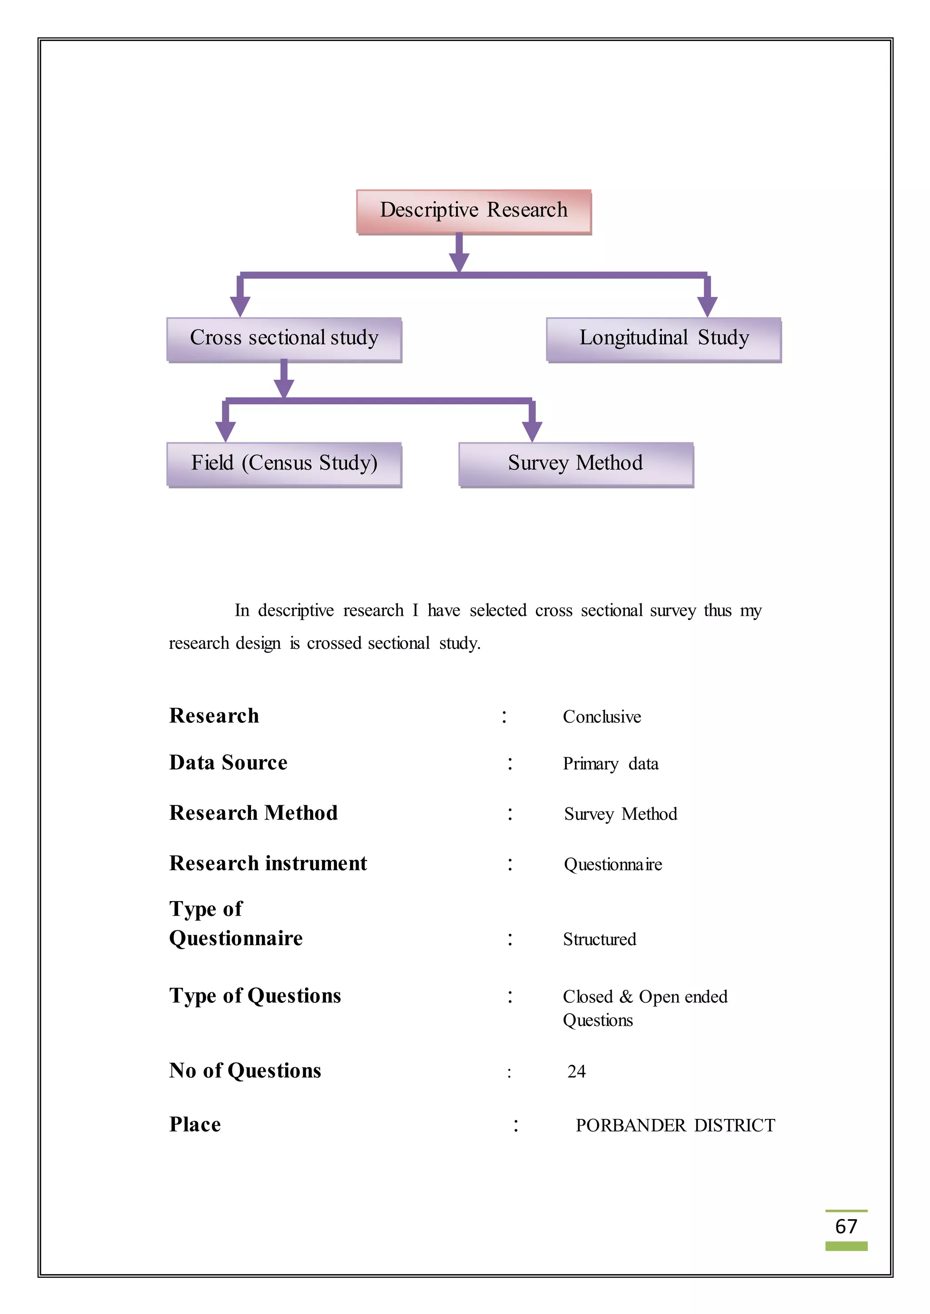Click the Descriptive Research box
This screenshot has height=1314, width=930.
click(474, 211)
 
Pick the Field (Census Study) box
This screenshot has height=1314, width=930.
click(284, 464)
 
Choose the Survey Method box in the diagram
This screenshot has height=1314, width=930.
click(575, 464)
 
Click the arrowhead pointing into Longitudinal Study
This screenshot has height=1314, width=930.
click(707, 306)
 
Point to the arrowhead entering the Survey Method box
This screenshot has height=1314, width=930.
click(532, 431)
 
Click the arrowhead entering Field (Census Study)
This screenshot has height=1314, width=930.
click(226, 431)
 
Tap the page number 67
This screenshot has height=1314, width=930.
click(846, 1227)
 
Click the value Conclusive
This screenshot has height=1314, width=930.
click(601, 717)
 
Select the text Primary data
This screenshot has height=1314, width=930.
click(610, 764)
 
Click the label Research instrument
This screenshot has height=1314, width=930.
click(268, 863)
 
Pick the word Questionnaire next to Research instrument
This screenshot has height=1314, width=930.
click(613, 865)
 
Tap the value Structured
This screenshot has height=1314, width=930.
click(599, 940)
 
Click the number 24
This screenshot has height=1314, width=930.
click(576, 1072)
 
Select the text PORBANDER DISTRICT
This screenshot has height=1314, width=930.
click(675, 1126)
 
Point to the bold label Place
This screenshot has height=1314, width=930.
click(195, 1125)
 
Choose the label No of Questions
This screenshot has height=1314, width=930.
click(245, 1071)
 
